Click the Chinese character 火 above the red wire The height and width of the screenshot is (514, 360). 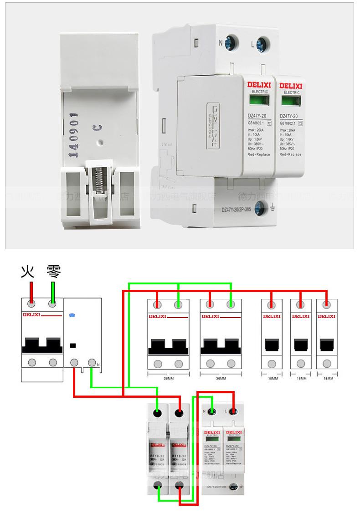click(28, 272)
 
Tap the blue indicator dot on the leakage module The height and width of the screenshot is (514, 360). click(72, 315)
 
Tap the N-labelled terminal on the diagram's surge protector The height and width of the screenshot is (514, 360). click(212, 412)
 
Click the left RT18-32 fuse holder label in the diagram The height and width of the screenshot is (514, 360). click(157, 454)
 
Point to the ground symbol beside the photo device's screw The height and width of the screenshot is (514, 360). click(272, 209)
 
